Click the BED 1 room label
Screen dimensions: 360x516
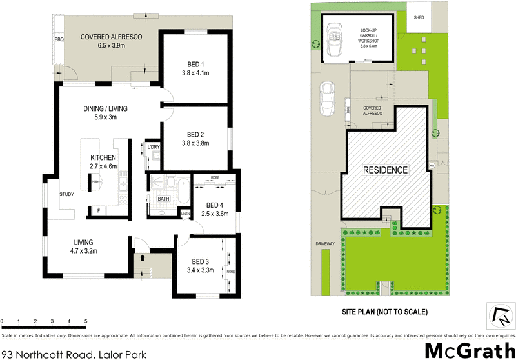(x=195, y=65)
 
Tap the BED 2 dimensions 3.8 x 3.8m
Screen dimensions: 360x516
(x=195, y=144)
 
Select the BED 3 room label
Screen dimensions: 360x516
(x=201, y=261)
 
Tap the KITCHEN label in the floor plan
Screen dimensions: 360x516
(x=103, y=157)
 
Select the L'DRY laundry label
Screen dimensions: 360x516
(x=153, y=147)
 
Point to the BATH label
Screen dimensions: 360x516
(x=164, y=199)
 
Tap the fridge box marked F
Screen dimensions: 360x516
(x=99, y=211)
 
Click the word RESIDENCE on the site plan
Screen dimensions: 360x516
(x=384, y=170)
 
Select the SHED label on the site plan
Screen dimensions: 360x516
(x=418, y=18)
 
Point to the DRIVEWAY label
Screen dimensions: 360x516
(x=325, y=243)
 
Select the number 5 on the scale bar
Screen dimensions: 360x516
(x=86, y=321)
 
